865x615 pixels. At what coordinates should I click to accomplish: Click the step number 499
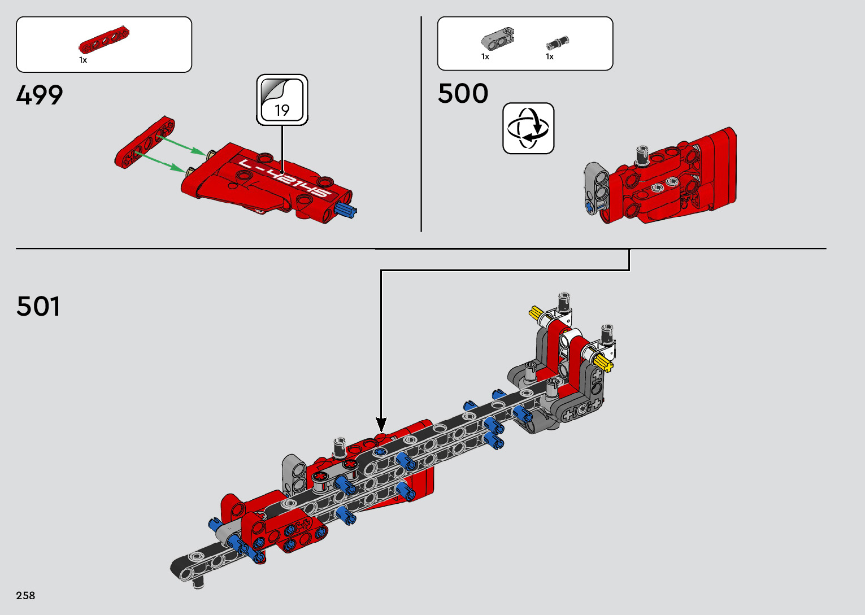(x=40, y=95)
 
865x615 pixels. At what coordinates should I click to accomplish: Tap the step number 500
(x=463, y=93)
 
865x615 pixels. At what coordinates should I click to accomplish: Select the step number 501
(x=38, y=306)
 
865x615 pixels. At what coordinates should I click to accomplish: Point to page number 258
(x=25, y=595)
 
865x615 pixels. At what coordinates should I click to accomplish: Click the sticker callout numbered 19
(x=282, y=100)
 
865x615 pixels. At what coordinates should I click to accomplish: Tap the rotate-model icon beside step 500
(x=528, y=128)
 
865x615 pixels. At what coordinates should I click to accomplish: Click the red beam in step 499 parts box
(x=104, y=42)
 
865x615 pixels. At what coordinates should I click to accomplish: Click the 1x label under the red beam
(x=83, y=60)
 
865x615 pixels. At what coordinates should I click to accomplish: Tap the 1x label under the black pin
(x=550, y=56)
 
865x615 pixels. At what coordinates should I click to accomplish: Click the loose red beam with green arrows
(x=145, y=143)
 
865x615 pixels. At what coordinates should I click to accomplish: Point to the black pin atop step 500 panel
(x=642, y=154)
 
